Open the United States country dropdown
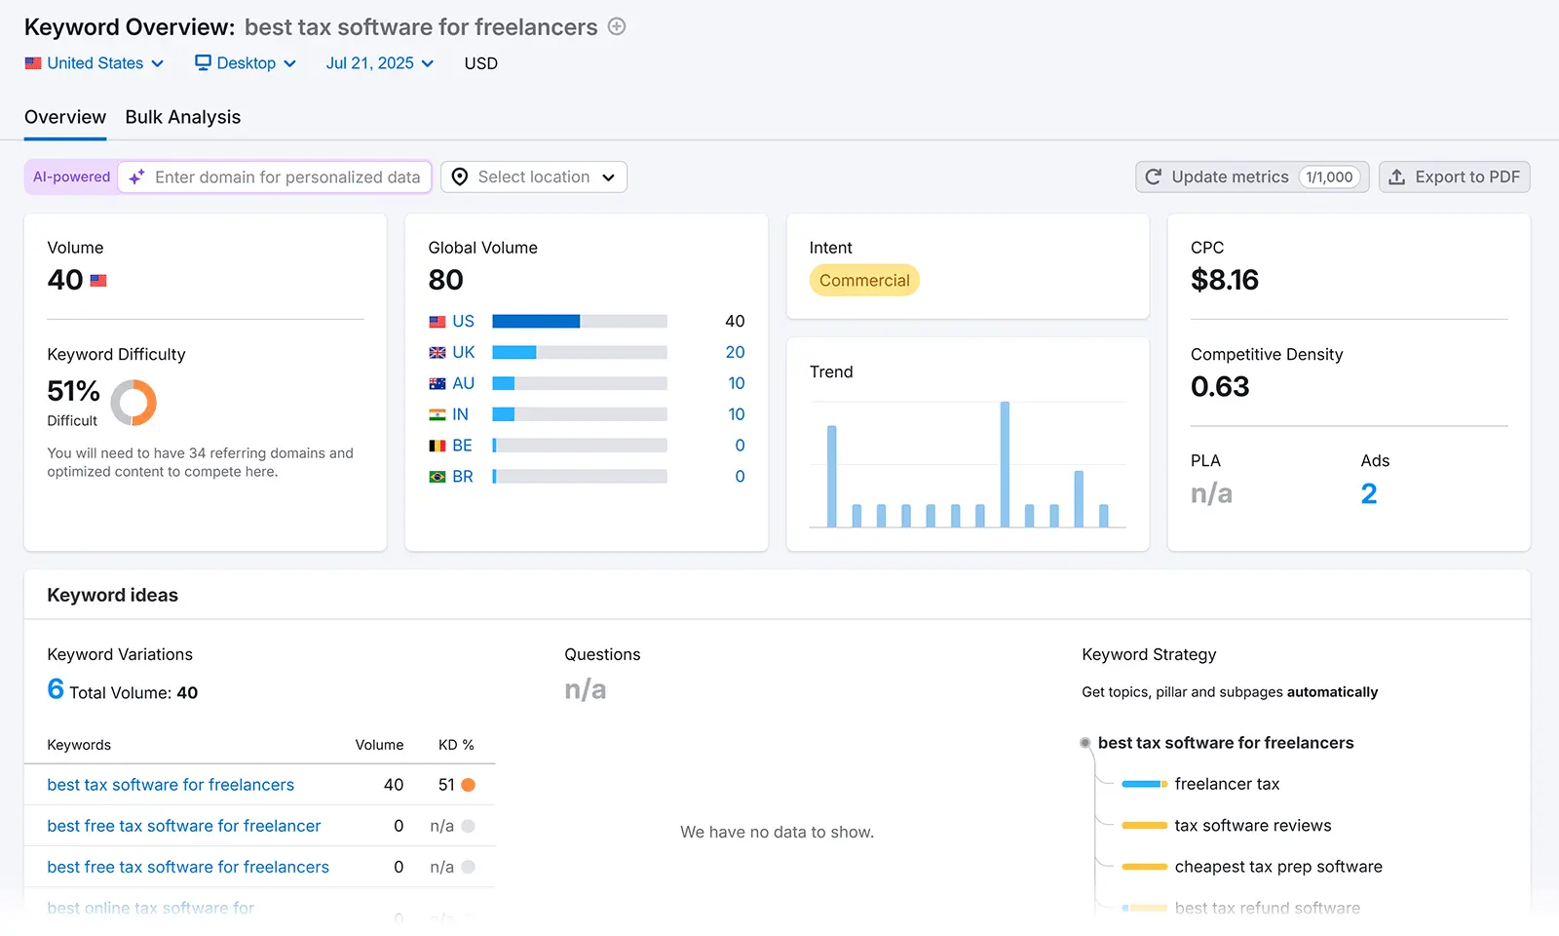[95, 63]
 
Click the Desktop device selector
[246, 63]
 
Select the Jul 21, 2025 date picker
[379, 63]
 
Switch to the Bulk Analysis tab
[182, 117]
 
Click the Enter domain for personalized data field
[286, 177]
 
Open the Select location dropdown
[534, 177]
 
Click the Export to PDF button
[1454, 177]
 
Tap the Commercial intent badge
[863, 281]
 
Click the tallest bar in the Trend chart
[1005, 464]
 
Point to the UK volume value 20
[735, 352]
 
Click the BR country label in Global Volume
[462, 477]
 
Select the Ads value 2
[1368, 494]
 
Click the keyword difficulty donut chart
[133, 403]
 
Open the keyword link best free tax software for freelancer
[183, 826]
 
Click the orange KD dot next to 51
[468, 785]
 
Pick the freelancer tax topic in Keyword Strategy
[1226, 784]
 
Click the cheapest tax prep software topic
[1277, 867]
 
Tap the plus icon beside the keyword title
[617, 27]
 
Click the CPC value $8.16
[1224, 281]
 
